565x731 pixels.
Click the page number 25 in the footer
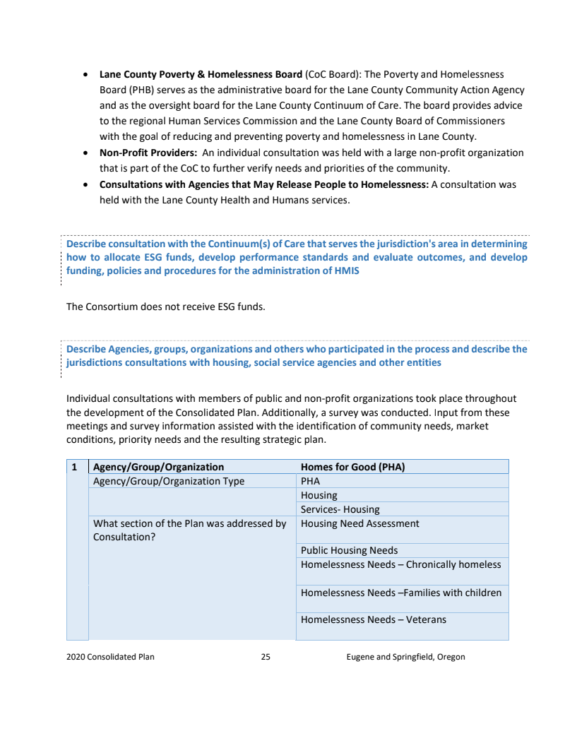[266, 657]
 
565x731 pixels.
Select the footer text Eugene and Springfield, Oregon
[405, 657]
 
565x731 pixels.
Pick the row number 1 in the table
[75, 467]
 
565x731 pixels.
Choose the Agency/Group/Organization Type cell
[169, 481]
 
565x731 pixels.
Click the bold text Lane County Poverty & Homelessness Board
[201, 74]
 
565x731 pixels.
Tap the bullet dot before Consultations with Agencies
[85, 184]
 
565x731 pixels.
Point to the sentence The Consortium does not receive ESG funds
[165, 307]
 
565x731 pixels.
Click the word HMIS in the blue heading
[345, 271]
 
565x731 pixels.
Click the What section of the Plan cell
[189, 530]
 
